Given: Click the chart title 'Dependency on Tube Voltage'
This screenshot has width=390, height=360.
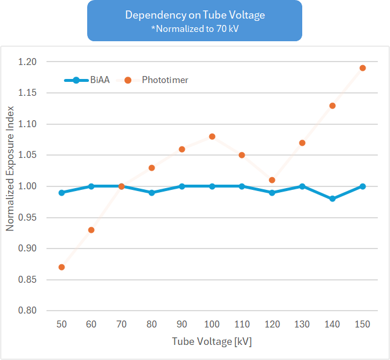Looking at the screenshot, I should (194, 15).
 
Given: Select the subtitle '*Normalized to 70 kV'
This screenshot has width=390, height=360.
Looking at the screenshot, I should (194, 28).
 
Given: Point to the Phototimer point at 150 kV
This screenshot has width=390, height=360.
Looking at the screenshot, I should (363, 68).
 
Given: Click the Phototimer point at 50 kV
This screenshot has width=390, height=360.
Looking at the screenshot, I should (62, 267).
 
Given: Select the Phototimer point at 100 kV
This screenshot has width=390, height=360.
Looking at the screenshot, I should (212, 136).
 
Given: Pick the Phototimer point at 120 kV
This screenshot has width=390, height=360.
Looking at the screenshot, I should (273, 180).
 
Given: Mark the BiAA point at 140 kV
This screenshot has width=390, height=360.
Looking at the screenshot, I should (332, 199).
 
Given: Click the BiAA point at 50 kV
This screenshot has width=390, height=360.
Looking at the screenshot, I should (62, 192).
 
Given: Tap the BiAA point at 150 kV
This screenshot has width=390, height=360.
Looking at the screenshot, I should (363, 186).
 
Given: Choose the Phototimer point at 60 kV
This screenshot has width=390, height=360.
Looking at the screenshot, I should (91, 230).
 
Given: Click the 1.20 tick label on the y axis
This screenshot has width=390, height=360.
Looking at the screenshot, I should (43, 62).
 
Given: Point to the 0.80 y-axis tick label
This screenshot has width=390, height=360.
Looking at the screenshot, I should (43, 311).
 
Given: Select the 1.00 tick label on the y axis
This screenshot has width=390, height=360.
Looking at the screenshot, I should (43, 186).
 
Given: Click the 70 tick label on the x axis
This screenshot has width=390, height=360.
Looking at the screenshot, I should (121, 325).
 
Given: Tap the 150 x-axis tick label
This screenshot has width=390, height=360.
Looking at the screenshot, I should (363, 325).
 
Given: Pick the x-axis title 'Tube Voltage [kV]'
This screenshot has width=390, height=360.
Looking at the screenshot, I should (212, 341).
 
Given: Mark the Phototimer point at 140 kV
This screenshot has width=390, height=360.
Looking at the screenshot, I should (332, 106).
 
